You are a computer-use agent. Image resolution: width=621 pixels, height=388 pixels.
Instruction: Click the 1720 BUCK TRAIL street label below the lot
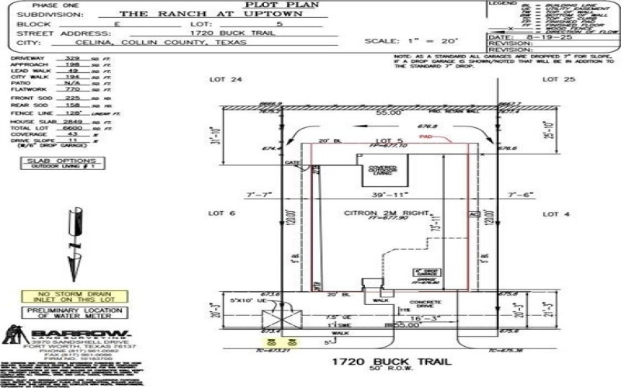pos(380,362)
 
